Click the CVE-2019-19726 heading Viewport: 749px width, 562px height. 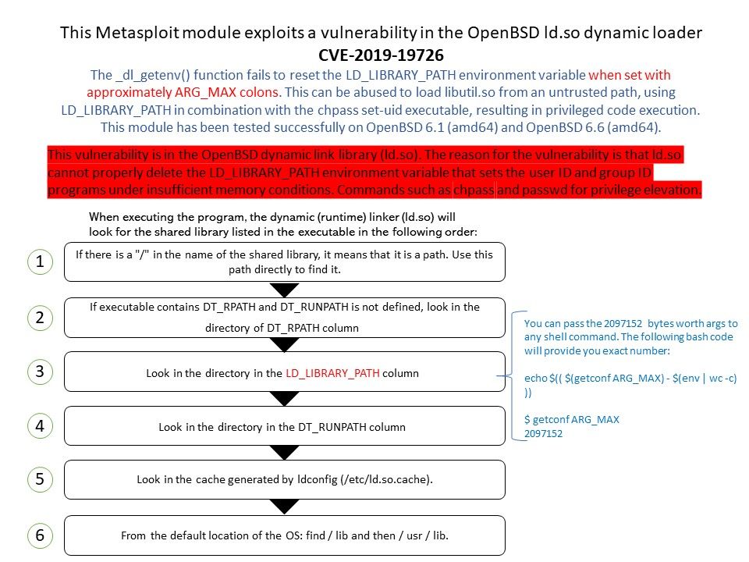[x=381, y=55]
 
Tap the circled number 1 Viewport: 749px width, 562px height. [x=40, y=261]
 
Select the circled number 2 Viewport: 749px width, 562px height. [x=40, y=318]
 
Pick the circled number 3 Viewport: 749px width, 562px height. [x=40, y=372]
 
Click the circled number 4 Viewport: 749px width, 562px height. [x=40, y=425]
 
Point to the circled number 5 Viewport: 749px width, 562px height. [x=40, y=478]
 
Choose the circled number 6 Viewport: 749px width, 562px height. [x=40, y=535]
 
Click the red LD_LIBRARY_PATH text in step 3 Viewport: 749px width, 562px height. [x=332, y=373]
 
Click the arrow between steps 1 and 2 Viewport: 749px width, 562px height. [x=284, y=290]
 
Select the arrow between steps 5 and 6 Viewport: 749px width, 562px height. [x=284, y=507]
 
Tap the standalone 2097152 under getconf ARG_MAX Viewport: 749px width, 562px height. [x=543, y=433]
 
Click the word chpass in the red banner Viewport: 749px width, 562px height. [x=474, y=190]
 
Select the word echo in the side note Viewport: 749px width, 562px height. [x=535, y=378]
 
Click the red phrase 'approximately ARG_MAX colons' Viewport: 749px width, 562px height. [x=183, y=92]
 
